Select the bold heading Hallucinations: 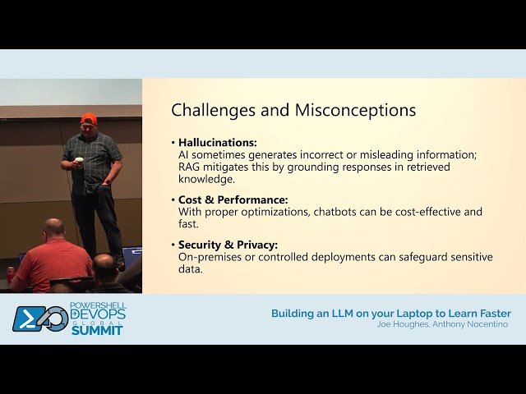click(x=218, y=142)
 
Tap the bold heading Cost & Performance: click(x=233, y=199)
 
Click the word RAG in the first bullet click(x=189, y=167)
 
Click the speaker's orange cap click(x=89, y=118)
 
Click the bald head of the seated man click(x=54, y=227)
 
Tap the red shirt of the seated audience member click(x=54, y=263)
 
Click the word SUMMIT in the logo click(x=96, y=330)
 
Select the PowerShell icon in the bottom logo click(x=29, y=318)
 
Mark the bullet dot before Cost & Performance click(x=173, y=200)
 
